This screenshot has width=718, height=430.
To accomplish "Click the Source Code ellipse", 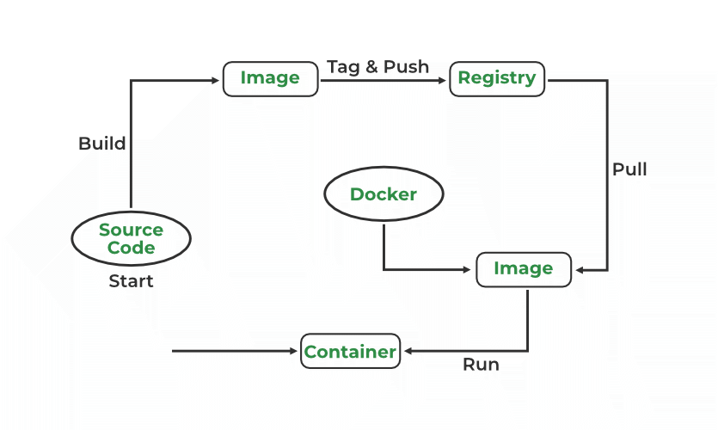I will point(131,239).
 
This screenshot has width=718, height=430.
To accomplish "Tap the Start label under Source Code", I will point(131,281).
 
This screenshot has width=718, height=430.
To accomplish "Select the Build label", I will point(102,144).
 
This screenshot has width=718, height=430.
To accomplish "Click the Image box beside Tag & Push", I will point(270,78).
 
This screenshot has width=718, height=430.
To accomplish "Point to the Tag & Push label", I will point(377,67).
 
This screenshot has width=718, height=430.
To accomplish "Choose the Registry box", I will point(497,78).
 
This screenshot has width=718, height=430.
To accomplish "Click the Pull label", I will point(629,169).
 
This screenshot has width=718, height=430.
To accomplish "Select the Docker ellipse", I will point(384,194).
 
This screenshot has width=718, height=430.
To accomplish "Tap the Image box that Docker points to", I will point(523,269).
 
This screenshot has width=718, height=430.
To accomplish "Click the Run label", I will point(481,365).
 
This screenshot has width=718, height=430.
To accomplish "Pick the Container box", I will point(350,351).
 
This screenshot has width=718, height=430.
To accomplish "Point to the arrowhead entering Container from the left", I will point(295,351).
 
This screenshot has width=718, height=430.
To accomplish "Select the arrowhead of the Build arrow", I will point(216,80).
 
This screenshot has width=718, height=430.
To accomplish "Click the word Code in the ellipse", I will point(131,249).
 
